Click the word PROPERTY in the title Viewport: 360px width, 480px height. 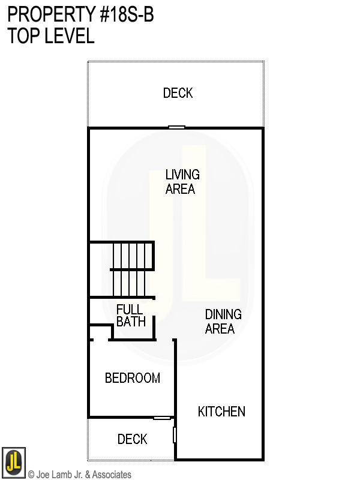click(44, 14)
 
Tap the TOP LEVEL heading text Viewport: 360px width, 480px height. click(51, 36)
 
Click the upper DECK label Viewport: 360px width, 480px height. click(178, 93)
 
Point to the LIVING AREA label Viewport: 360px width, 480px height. click(182, 182)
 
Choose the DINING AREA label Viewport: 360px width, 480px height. click(223, 322)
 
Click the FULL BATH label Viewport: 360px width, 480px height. click(131, 316)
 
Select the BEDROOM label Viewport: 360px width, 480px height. click(133, 379)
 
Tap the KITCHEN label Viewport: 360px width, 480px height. click(221, 412)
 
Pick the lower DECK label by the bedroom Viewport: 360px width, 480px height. click(133, 440)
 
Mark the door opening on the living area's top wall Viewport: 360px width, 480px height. click(176, 127)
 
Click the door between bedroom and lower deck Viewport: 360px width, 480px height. click(162, 418)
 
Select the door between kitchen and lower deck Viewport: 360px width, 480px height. click(175, 434)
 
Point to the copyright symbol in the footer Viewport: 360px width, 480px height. click(31, 475)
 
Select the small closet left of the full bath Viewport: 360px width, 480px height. click(101, 332)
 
